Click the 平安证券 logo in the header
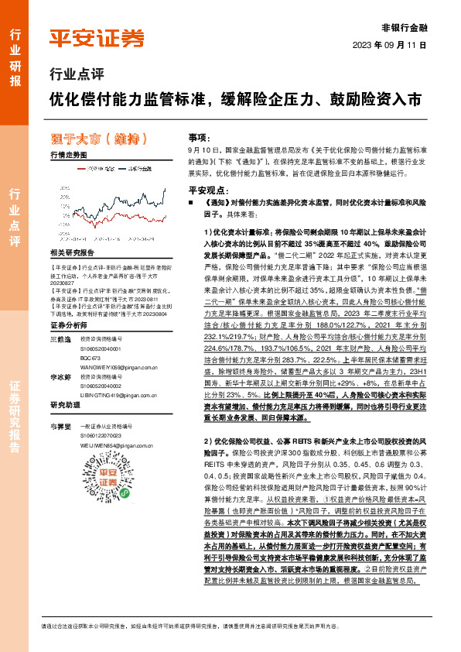point(96,37)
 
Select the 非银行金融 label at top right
point(405,27)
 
